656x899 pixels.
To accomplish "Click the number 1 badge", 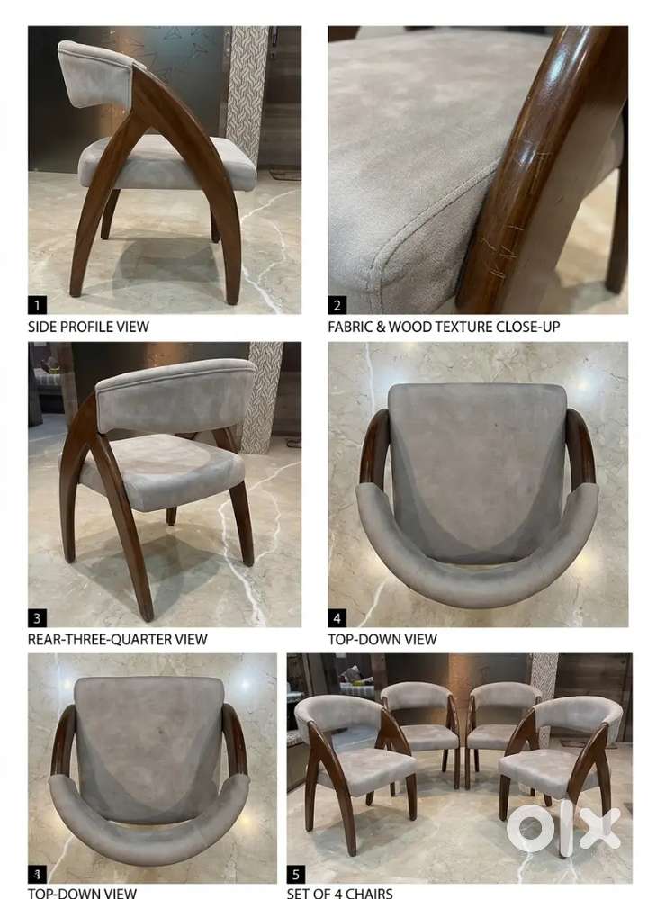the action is pyautogui.click(x=37, y=305).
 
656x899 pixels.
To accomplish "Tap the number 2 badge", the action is pyautogui.click(x=337, y=305).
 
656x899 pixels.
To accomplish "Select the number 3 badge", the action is pyautogui.click(x=37, y=618).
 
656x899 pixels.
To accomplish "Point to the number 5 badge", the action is pyautogui.click(x=296, y=875).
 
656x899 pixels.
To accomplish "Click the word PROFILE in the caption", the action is pyautogui.click(x=86, y=327).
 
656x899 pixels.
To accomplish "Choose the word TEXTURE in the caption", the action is pyautogui.click(x=464, y=327).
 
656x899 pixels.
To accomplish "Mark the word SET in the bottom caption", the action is pyautogui.click(x=297, y=893).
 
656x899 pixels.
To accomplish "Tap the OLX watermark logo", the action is pyautogui.click(x=563, y=826).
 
